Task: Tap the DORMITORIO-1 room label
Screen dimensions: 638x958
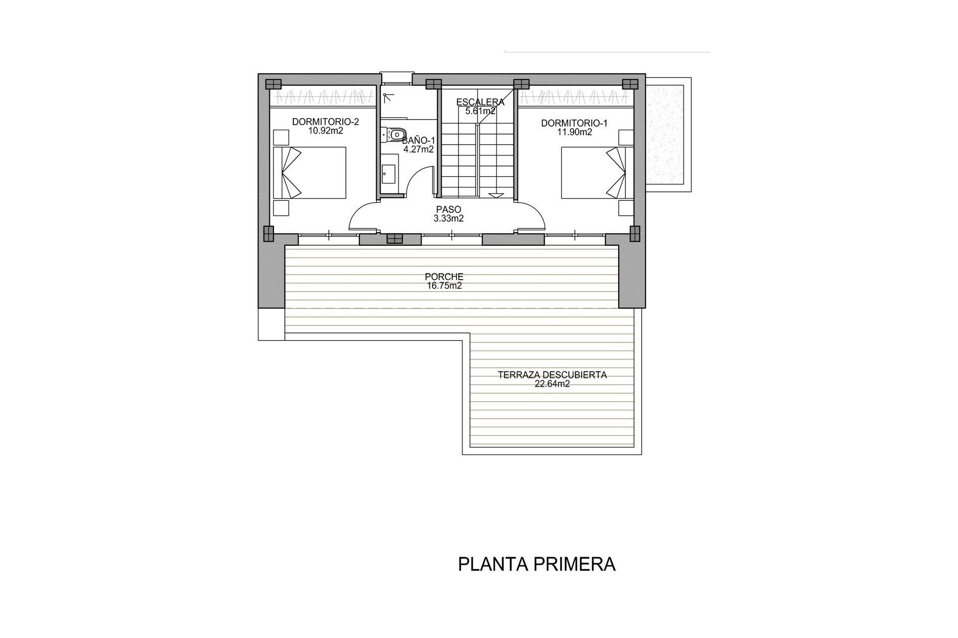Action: pos(574,123)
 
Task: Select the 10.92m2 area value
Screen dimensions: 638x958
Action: pos(325,131)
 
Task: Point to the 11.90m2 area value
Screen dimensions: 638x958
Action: pos(574,132)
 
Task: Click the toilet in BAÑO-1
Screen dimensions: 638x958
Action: pos(394,134)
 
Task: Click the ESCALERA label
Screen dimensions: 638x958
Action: pos(480,102)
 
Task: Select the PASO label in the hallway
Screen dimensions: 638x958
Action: pos(448,209)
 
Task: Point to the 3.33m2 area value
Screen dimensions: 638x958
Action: pos(449,218)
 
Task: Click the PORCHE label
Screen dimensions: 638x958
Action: pos(444,276)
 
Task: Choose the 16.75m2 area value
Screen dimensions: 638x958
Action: pos(444,286)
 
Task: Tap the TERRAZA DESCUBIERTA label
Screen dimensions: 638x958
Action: pos(552,375)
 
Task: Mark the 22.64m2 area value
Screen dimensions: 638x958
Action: pos(552,384)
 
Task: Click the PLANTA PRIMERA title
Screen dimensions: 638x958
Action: pos(536,564)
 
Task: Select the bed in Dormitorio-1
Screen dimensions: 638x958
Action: pos(593,172)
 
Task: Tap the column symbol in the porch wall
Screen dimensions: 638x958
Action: pos(394,239)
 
